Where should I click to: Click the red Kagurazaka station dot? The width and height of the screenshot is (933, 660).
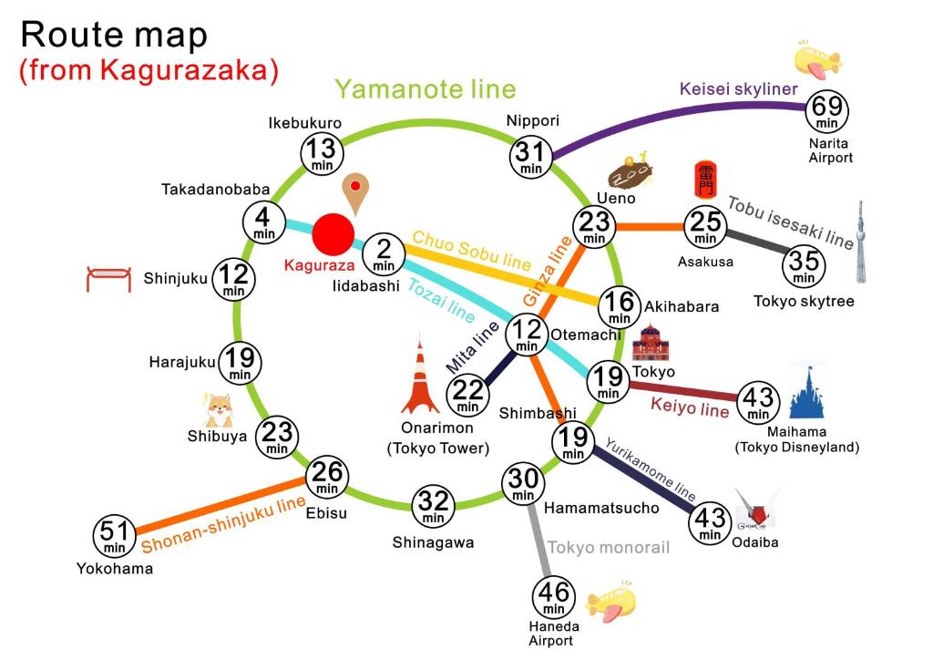(333, 234)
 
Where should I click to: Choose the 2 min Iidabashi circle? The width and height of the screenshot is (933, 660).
(384, 254)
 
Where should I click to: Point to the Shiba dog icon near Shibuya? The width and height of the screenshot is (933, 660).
(219, 410)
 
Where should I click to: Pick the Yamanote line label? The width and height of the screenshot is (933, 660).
(425, 89)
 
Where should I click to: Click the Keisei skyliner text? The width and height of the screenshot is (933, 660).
(739, 89)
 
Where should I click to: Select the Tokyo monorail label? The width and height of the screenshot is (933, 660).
(609, 547)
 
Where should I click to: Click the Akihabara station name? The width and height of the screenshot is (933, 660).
(682, 306)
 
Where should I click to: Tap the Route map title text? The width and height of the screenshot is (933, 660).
(114, 35)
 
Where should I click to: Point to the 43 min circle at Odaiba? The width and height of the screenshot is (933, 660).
(710, 523)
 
